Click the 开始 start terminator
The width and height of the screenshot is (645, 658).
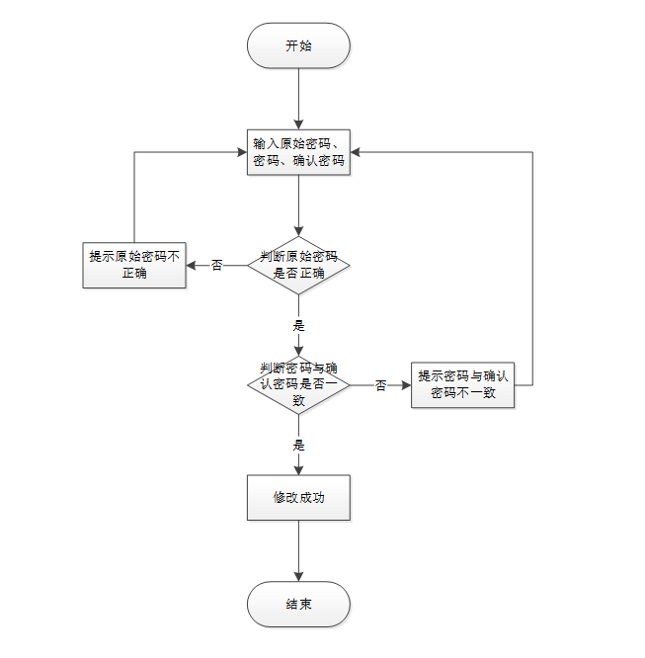[298, 46]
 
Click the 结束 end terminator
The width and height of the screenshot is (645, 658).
[298, 604]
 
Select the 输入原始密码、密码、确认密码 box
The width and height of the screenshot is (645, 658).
[298, 152]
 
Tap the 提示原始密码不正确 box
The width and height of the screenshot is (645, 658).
[134, 264]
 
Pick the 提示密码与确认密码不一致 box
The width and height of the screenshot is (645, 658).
[462, 384]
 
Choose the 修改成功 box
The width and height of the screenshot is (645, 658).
[298, 497]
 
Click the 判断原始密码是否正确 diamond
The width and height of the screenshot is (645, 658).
[298, 264]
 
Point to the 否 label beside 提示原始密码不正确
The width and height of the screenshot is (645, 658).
[217, 265]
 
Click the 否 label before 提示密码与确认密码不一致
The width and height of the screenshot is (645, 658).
[380, 385]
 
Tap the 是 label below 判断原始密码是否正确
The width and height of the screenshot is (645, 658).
[298, 325]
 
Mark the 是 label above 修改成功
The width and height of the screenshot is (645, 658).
[298, 446]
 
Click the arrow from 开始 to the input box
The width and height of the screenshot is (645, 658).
[298, 99]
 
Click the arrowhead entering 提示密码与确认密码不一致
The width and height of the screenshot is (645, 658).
[406, 384]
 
